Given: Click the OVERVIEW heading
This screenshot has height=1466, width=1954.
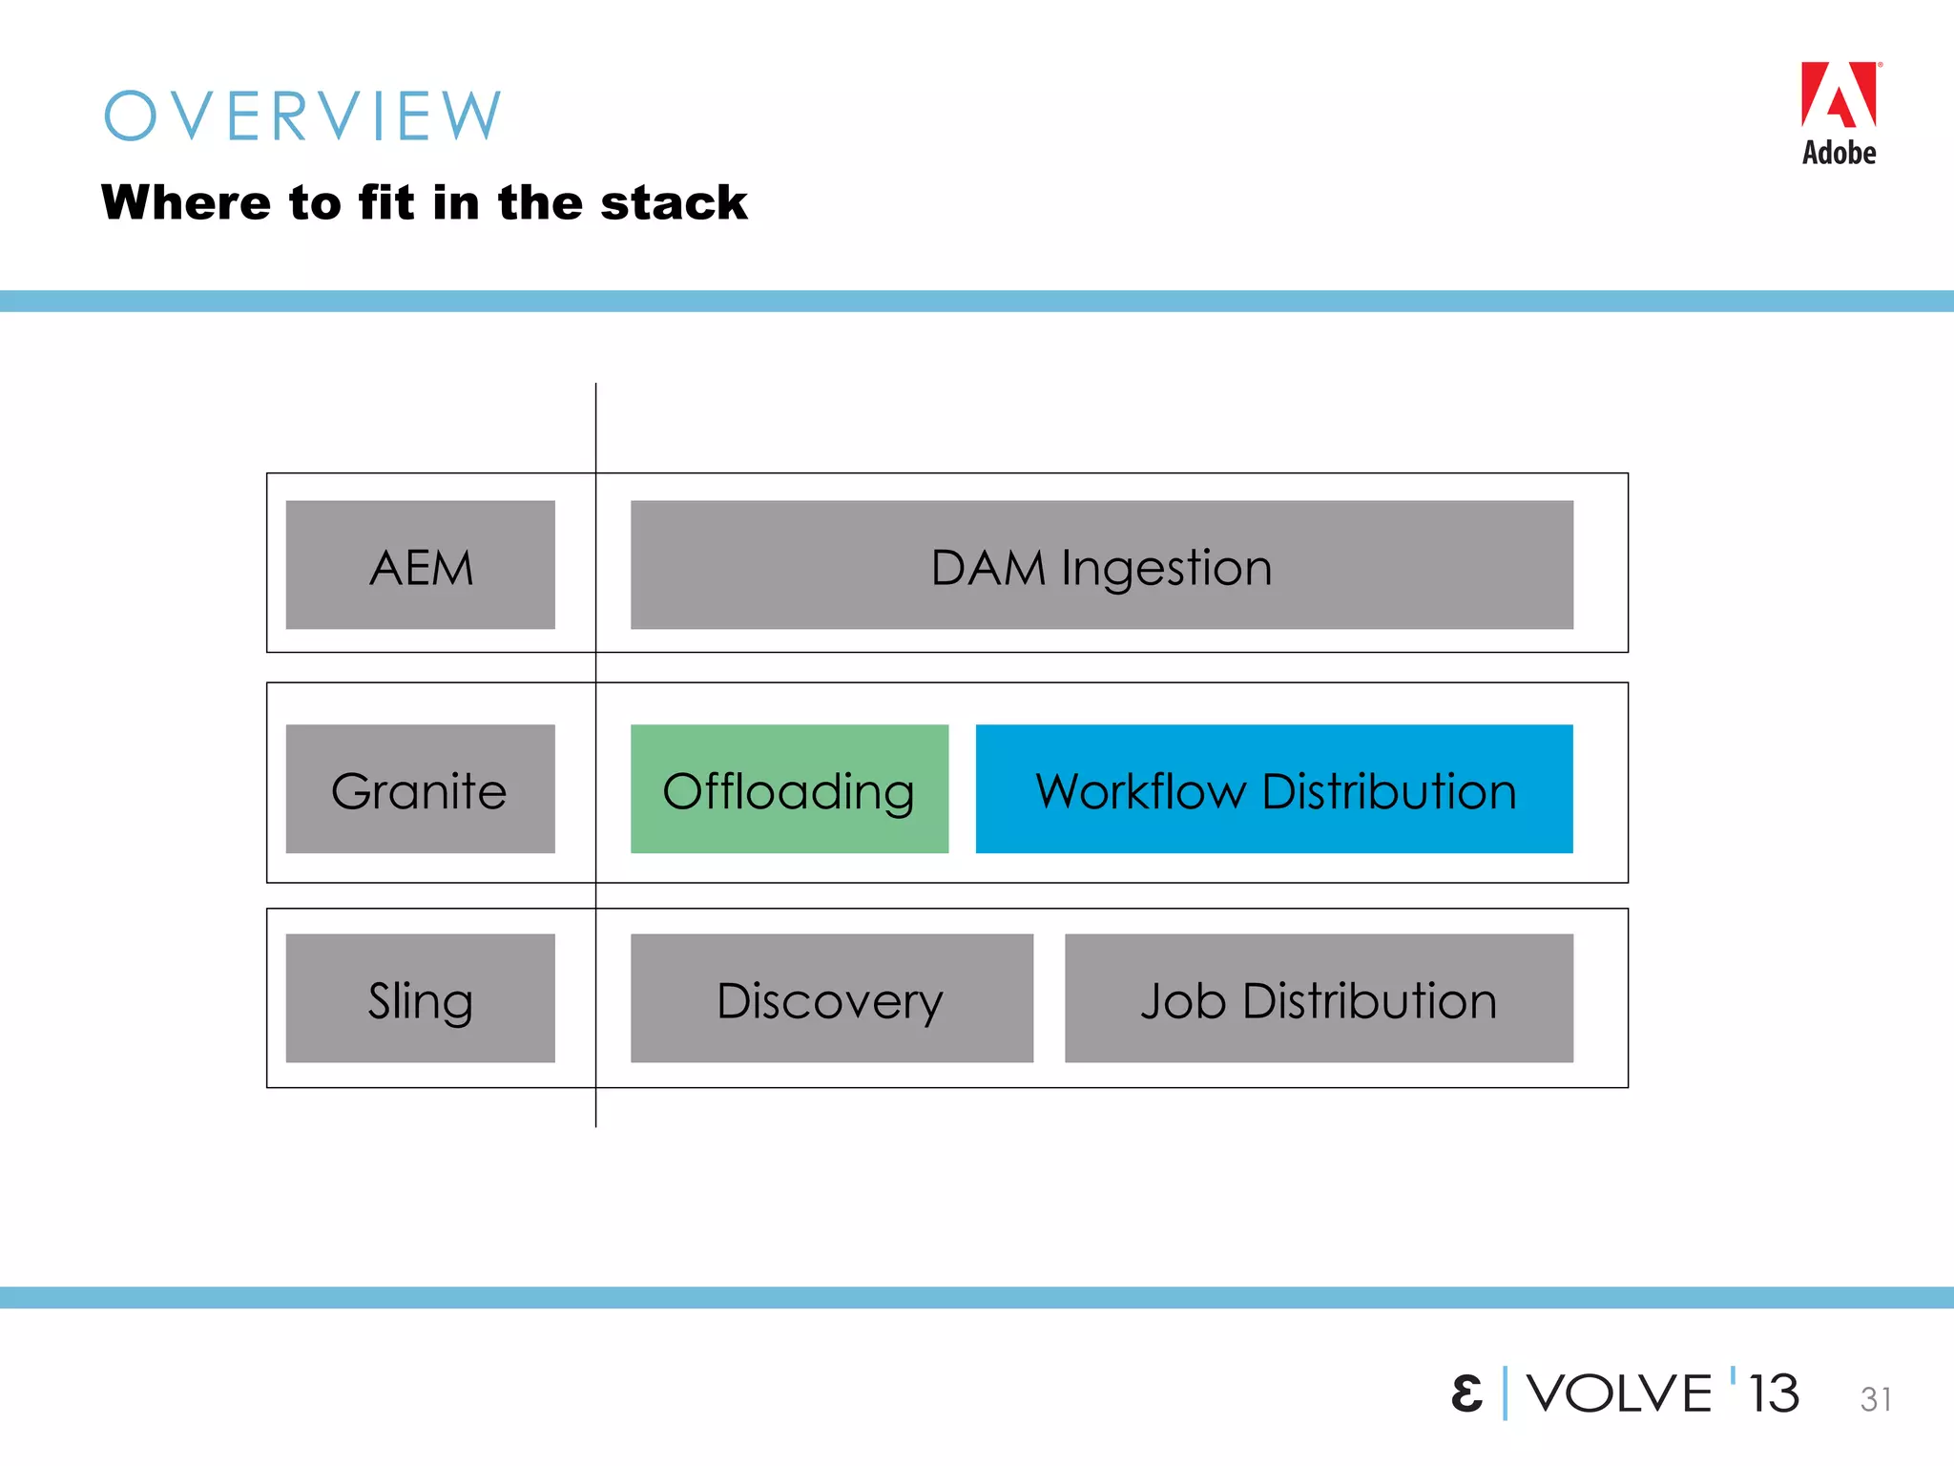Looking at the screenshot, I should (302, 116).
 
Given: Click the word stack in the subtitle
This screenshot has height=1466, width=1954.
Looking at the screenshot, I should (674, 203).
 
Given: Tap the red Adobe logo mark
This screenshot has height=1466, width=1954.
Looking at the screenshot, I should (1839, 95).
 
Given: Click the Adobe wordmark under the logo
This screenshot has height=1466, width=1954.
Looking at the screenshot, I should (1839, 153).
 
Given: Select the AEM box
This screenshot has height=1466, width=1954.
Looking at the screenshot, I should (421, 565).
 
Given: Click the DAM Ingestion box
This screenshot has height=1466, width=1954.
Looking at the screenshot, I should (1101, 565).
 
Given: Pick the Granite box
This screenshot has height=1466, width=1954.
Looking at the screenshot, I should (421, 789).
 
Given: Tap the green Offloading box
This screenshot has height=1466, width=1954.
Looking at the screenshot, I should (789, 789).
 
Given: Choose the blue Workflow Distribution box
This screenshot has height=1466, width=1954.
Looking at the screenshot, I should (1274, 789).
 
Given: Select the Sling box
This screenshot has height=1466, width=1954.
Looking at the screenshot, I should (421, 998).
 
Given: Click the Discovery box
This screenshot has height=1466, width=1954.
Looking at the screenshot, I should (831, 998).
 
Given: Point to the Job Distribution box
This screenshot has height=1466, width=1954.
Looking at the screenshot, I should (1319, 998).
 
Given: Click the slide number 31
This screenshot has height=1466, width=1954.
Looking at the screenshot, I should (1876, 1399).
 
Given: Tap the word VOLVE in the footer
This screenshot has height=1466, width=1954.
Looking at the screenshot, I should (1619, 1393).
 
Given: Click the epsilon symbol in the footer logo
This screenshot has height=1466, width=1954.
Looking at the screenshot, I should (1466, 1393).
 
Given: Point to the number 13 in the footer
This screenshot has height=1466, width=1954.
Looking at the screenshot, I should (1774, 1393).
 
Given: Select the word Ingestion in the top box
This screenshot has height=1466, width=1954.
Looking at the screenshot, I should (1166, 568).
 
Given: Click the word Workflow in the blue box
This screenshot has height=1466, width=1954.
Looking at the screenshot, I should (1141, 791).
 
